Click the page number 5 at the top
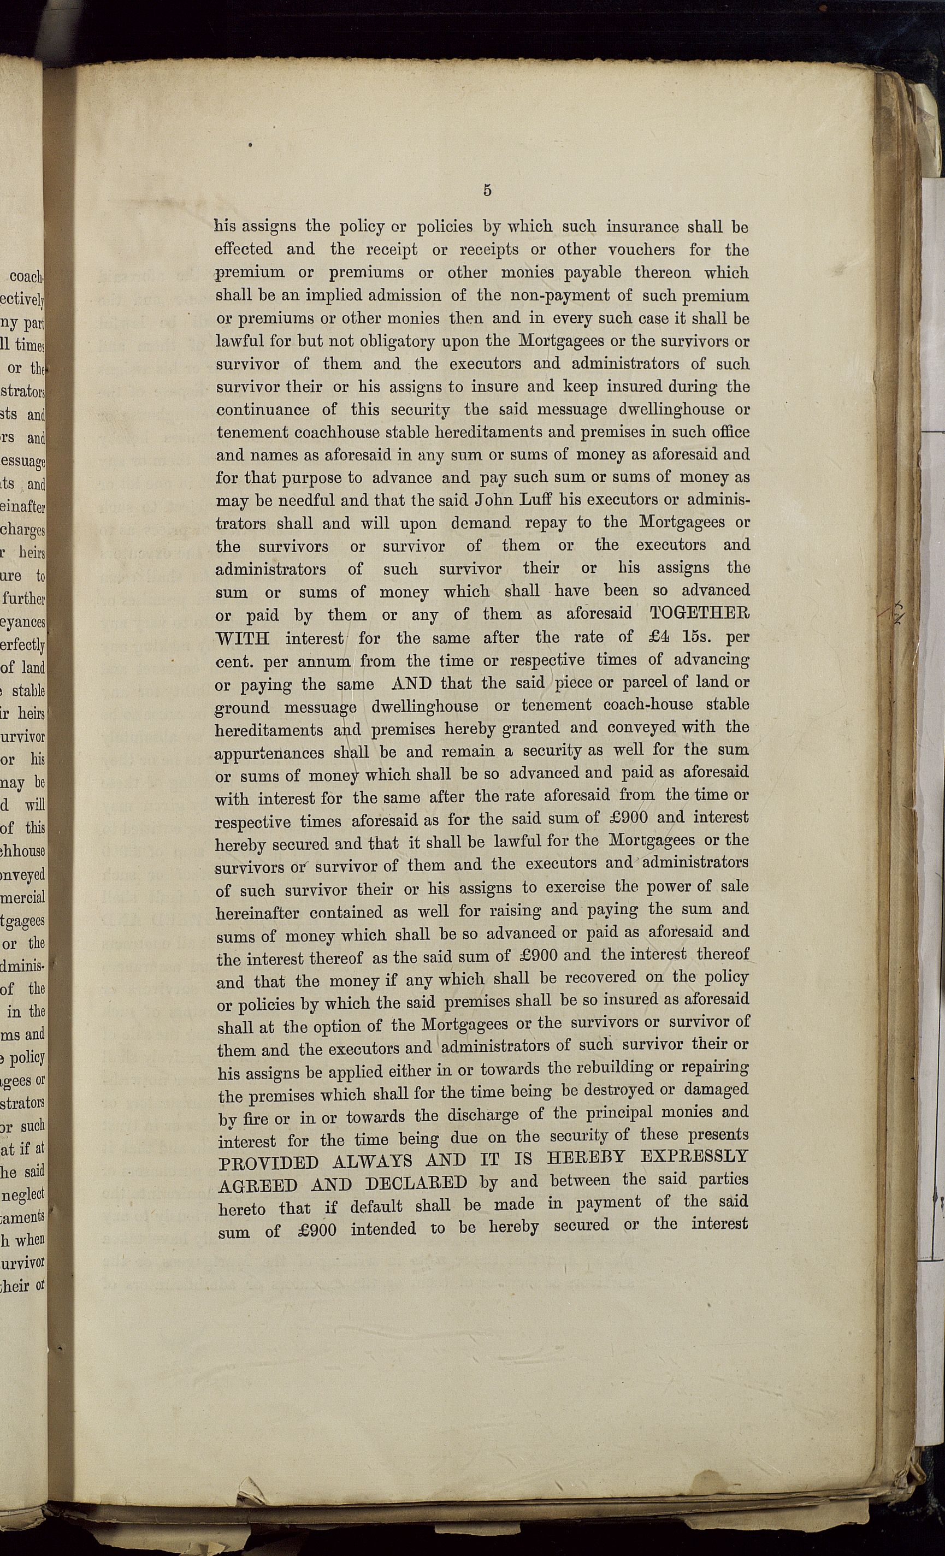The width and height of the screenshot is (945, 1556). pos(487,190)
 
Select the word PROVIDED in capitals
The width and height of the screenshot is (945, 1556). pos(268,1163)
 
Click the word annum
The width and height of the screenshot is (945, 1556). pos(324,662)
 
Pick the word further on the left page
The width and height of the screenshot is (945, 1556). pos(23,599)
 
